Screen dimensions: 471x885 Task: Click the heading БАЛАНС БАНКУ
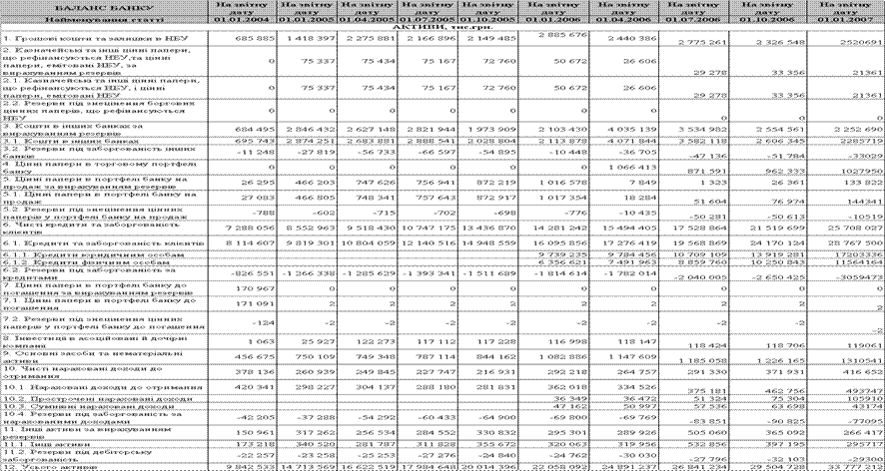[104, 6]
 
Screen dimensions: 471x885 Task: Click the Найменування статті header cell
[104, 17]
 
